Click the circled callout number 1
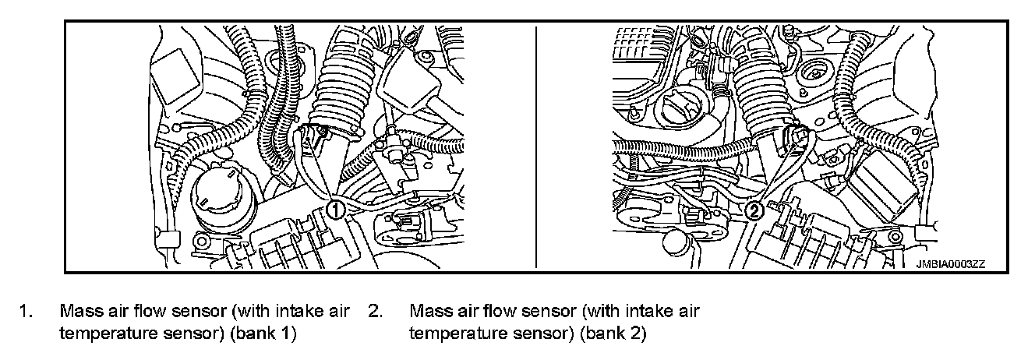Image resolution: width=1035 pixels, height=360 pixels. [x=335, y=209]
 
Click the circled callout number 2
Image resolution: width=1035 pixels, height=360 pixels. [x=754, y=209]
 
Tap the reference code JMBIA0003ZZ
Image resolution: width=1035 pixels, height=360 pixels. [x=950, y=264]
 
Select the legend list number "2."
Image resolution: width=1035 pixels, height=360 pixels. [x=375, y=311]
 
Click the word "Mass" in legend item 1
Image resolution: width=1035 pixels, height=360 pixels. [x=76, y=311]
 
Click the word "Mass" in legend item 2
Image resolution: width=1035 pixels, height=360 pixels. [x=426, y=311]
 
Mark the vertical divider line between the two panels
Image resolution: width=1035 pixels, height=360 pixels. [x=535, y=148]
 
